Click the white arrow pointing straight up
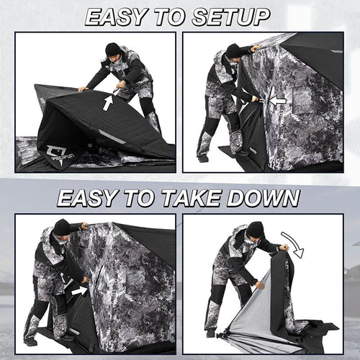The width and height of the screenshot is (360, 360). point(107,102)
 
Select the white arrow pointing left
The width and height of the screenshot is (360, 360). point(277,100)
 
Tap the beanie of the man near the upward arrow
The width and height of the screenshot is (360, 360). point(112,49)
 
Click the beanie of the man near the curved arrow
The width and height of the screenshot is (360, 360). point(255,229)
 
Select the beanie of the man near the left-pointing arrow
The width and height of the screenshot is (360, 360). point(233,50)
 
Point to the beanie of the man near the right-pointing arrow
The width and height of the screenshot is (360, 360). point(62,228)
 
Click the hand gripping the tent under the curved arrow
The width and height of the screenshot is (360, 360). point(284,248)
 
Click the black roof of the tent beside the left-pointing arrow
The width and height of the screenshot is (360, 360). point(317,58)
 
